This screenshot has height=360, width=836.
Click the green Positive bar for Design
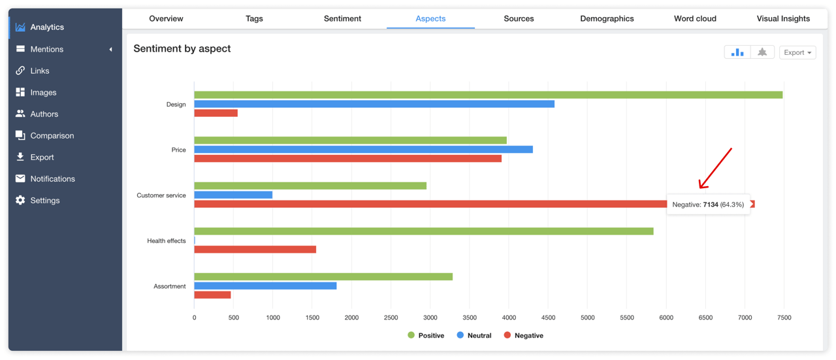(x=488, y=95)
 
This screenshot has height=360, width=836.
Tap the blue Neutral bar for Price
(x=363, y=150)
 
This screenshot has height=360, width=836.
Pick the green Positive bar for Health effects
(x=423, y=231)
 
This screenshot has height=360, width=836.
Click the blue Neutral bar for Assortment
(x=265, y=286)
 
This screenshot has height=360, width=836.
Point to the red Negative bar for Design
(x=216, y=114)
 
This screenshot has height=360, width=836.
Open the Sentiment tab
(x=342, y=18)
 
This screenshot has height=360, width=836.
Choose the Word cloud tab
(x=695, y=18)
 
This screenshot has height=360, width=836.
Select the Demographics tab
(x=607, y=18)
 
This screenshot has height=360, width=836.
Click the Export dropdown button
(x=797, y=52)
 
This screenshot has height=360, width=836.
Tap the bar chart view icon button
(x=737, y=52)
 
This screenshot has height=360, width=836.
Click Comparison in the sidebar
(x=52, y=135)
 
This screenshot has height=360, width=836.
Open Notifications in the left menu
(x=52, y=178)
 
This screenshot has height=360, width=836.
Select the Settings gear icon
(x=20, y=200)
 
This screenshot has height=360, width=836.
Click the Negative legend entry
(x=523, y=335)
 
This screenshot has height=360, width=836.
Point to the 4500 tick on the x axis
(x=548, y=318)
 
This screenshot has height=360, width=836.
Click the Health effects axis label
(x=166, y=240)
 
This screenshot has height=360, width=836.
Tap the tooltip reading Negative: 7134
(x=708, y=205)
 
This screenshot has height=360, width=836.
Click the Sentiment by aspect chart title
(x=182, y=48)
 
